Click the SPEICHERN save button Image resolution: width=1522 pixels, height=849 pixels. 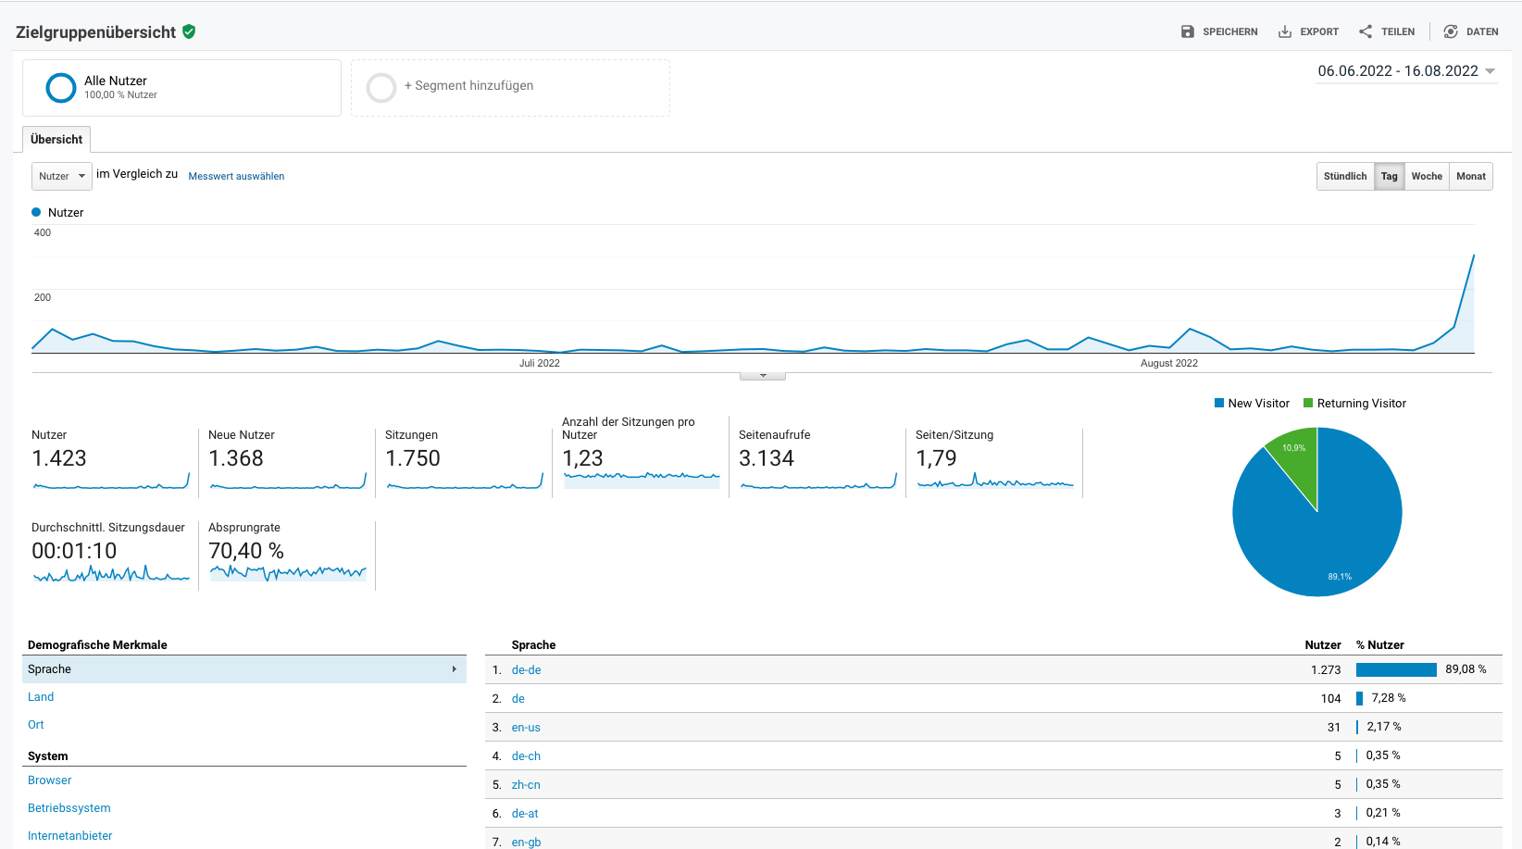[1219, 32]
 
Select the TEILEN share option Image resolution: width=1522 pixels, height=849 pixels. [1387, 32]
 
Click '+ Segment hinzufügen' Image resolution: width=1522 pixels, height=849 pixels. [468, 86]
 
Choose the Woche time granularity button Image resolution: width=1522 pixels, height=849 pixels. [1427, 176]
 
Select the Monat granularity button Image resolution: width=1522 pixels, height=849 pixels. [1470, 176]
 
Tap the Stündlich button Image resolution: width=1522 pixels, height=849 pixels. [1345, 176]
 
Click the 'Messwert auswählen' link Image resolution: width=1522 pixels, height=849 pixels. [236, 176]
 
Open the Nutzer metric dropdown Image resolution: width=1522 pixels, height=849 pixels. [62, 176]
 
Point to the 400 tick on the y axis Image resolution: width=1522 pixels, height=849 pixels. [43, 232]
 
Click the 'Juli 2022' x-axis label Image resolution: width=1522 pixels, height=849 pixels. [540, 363]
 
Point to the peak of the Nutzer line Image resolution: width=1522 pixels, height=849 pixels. [1474, 255]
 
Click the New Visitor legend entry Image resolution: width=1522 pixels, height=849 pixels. [1252, 403]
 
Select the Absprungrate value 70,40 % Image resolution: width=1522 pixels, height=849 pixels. [246, 551]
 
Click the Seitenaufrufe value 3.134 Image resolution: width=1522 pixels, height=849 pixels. [766, 458]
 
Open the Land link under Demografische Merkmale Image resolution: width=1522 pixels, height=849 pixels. [41, 697]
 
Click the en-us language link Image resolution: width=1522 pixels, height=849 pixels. [526, 728]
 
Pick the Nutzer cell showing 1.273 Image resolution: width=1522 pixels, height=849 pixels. [1326, 669]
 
